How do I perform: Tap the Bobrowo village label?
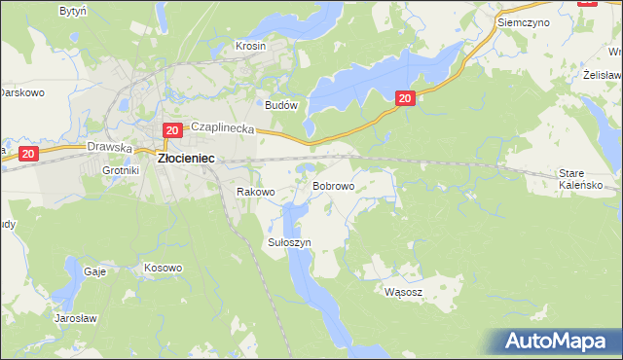click(x=332, y=185)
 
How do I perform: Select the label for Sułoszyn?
click(x=289, y=242)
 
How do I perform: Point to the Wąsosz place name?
click(x=403, y=291)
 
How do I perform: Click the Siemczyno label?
click(x=523, y=21)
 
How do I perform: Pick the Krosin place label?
click(x=251, y=46)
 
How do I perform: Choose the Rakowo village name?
click(x=257, y=193)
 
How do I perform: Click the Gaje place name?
click(x=94, y=272)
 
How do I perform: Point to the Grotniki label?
click(x=122, y=170)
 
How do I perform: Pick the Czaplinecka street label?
click(x=222, y=127)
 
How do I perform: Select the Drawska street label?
click(x=108, y=147)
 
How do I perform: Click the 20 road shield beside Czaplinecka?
click(x=171, y=130)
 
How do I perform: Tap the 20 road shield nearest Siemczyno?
click(x=406, y=97)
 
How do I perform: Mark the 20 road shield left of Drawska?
click(x=28, y=154)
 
